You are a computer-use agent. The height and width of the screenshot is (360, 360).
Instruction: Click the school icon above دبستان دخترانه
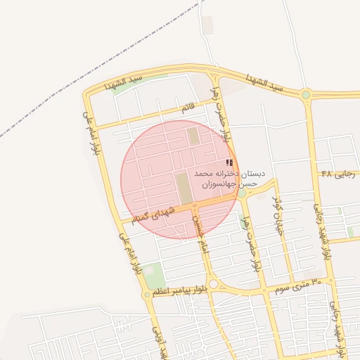[x=229, y=162]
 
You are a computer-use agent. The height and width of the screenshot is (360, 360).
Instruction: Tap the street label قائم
[x=187, y=108]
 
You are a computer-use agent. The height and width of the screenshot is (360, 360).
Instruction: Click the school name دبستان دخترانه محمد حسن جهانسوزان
[x=229, y=178]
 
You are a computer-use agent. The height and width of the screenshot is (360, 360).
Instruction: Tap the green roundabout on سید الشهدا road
[x=306, y=94]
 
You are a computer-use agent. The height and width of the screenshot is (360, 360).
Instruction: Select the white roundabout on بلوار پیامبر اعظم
[x=214, y=284]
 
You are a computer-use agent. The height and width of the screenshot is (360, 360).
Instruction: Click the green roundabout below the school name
[x=241, y=192]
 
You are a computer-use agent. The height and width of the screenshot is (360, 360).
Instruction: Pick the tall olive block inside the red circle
[x=183, y=188]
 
